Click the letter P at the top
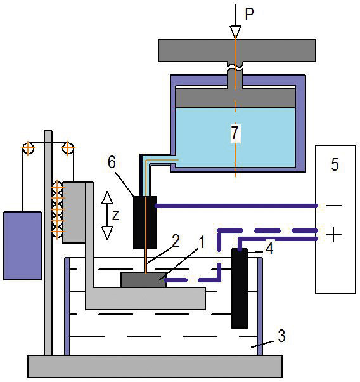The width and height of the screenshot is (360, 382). tap(249, 14)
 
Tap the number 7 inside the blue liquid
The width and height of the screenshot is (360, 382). tap(235, 133)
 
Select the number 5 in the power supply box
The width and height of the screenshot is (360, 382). tap(335, 164)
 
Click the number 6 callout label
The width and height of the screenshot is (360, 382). tap(112, 162)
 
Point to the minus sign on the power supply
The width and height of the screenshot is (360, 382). tap(334, 206)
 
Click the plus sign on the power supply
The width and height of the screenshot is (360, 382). tap(333, 234)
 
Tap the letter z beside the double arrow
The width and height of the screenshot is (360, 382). tap(115, 215)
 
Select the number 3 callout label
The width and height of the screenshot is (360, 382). tap(281, 336)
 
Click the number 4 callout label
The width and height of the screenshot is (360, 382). tap(269, 249)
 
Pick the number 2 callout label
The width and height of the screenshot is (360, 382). tap(176, 240)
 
